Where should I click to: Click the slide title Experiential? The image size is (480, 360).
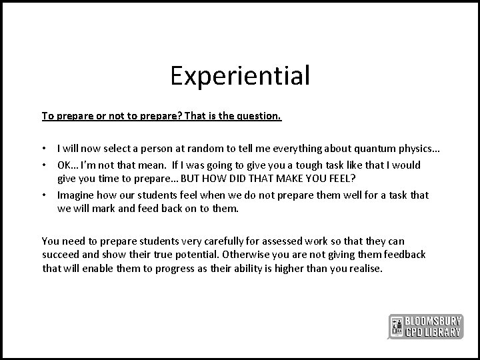(240, 75)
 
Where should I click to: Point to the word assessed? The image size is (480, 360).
(275, 241)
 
